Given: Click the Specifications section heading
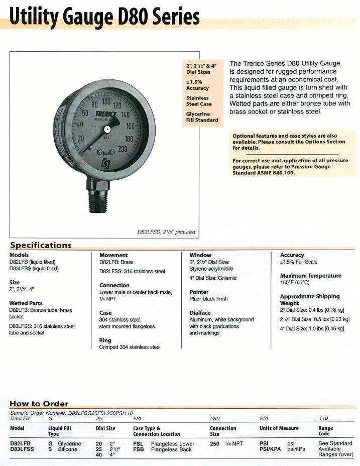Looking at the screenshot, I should coord(41,245).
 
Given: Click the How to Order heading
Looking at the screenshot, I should coord(39,403).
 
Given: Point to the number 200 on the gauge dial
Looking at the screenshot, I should coord(123,149).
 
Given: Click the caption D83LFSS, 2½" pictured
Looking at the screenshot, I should coord(166,232).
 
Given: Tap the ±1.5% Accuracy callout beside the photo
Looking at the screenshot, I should coord(197,85).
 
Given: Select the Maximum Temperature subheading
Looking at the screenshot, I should coord(310,276).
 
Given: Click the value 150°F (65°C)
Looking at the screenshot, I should coord(295,283).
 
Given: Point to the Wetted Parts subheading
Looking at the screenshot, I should coord(26,303).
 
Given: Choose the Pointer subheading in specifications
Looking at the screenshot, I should coord(199,292).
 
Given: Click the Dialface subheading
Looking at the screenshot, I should coord(200,312).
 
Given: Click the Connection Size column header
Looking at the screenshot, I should coord(223,431).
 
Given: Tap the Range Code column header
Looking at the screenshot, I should coord(326,431).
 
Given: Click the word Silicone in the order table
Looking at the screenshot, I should coord(68,449).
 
